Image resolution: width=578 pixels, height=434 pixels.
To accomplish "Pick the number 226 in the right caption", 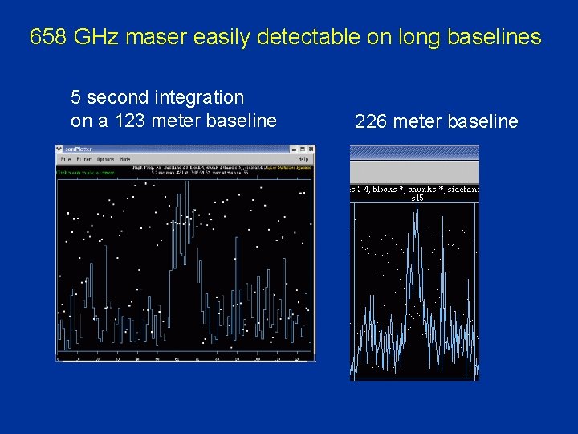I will [x=370, y=121].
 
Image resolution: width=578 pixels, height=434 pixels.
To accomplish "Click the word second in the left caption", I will [x=113, y=97].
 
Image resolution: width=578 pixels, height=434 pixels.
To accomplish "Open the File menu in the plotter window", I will [x=65, y=159].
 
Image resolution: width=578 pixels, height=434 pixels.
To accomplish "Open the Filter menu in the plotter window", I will [x=83, y=159].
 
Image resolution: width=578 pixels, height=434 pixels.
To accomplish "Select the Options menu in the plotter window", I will [x=105, y=159].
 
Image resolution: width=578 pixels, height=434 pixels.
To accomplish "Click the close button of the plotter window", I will [x=311, y=149].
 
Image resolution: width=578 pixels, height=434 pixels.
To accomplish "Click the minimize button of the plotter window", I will [x=295, y=149].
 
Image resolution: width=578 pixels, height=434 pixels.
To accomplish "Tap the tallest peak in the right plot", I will [x=414, y=211].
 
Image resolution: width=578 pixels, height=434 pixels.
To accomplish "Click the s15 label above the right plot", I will [x=417, y=198].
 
